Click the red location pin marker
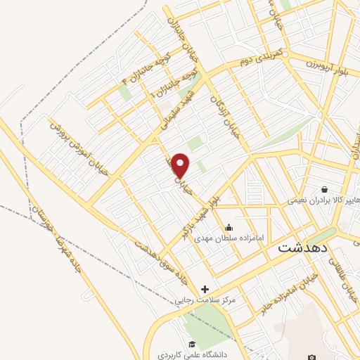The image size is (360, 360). point(181,165)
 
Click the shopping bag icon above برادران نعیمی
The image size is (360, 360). point(324,188)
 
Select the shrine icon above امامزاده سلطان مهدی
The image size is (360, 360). point(229,227)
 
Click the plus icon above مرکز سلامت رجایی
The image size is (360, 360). point(205,289)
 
